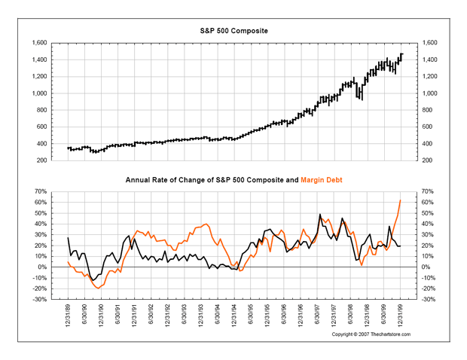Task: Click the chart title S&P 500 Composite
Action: pyautogui.click(x=233, y=29)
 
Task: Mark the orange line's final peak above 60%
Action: pyautogui.click(x=400, y=200)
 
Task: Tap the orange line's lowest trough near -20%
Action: pyautogui.click(x=99, y=288)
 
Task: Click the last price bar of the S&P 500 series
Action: pyautogui.click(x=401, y=55)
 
